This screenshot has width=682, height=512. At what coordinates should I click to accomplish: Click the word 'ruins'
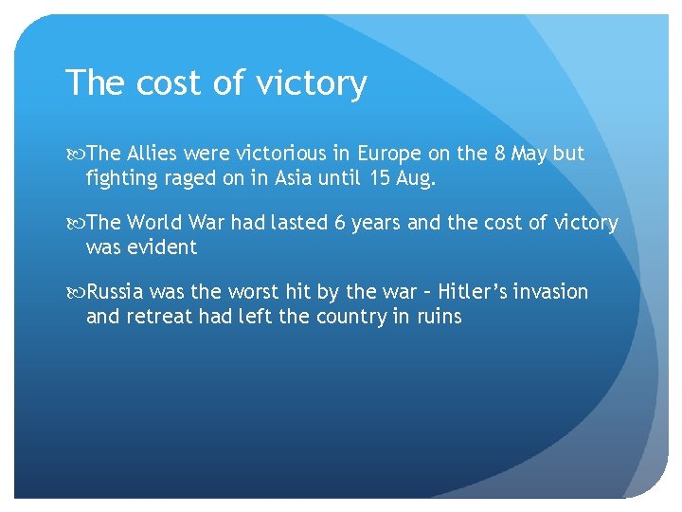439,316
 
